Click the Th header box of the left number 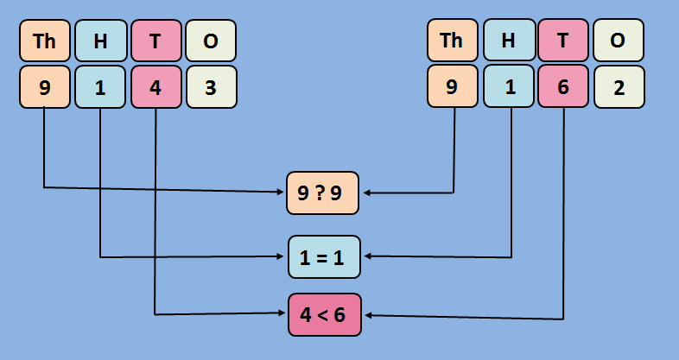click(44, 40)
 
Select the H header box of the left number click(100, 40)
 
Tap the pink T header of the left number click(155, 40)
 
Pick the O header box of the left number click(211, 40)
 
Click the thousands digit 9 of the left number click(44, 87)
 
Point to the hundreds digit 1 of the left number click(100, 87)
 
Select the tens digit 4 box click(155, 87)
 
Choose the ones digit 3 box click(211, 87)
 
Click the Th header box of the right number click(452, 40)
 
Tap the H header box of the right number click(508, 40)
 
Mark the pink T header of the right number click(563, 40)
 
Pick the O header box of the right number click(619, 40)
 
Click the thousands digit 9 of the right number click(452, 87)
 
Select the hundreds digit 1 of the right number click(508, 87)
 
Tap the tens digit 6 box click(563, 87)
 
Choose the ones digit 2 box click(619, 87)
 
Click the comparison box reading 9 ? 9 click(323, 193)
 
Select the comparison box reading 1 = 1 click(323, 256)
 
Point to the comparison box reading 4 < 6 click(323, 314)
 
